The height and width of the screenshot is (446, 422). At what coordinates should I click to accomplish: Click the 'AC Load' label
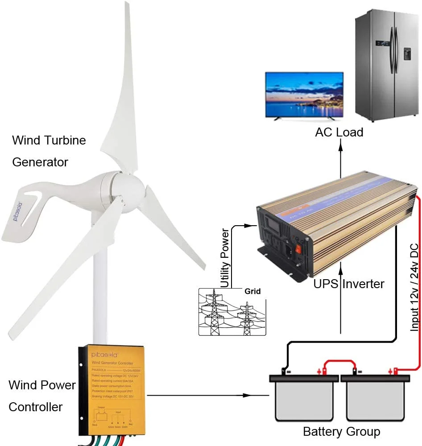pos(339,132)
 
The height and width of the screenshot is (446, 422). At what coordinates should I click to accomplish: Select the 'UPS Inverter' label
pos(349,284)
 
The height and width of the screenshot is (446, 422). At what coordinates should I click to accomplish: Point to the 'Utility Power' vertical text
pos(225,258)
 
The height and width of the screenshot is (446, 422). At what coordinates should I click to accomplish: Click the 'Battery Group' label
pos(341,432)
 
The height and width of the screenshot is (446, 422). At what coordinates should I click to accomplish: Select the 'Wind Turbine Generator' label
pos(48,151)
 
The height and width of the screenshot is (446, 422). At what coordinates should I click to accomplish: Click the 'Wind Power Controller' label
pos(42,396)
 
